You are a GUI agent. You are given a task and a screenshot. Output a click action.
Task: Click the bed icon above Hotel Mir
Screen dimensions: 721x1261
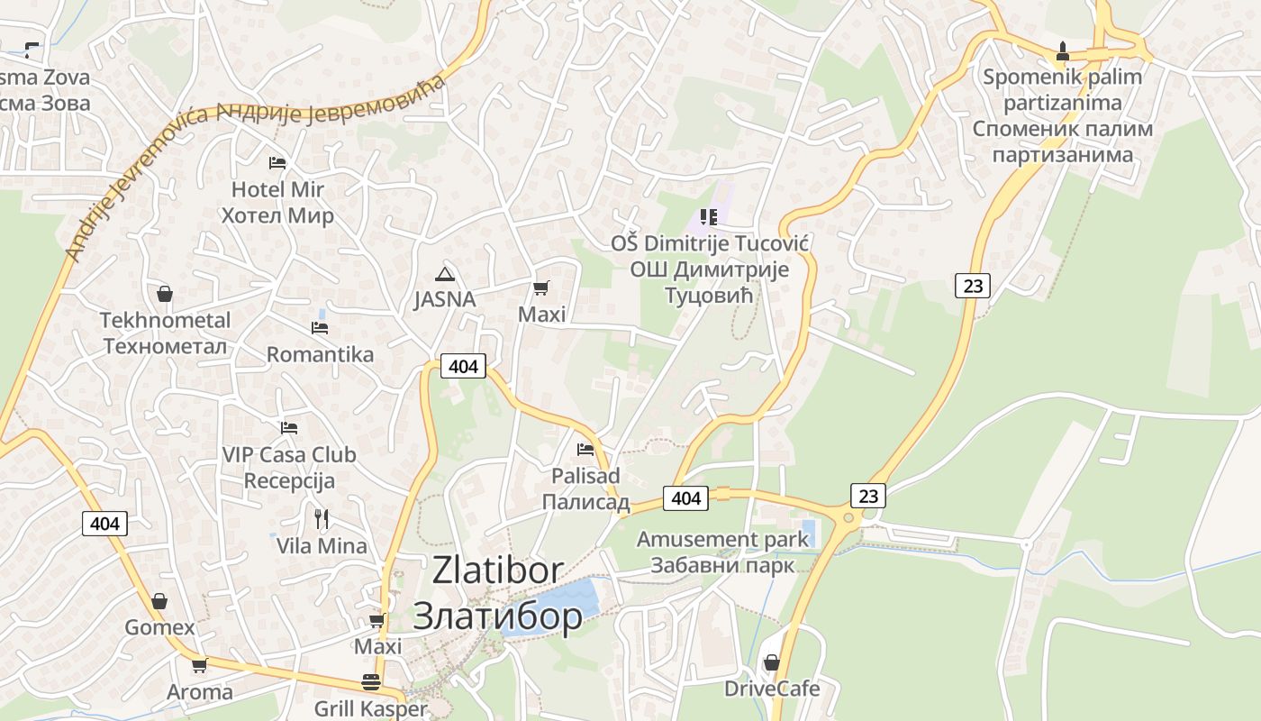pyautogui.click(x=277, y=163)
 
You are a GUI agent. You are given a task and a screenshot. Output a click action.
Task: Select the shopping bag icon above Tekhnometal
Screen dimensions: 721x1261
pyautogui.click(x=165, y=294)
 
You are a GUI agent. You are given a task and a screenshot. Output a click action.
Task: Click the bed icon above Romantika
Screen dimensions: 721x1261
pyautogui.click(x=320, y=328)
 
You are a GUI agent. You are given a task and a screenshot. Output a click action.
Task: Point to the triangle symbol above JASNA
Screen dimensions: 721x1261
pyautogui.click(x=443, y=274)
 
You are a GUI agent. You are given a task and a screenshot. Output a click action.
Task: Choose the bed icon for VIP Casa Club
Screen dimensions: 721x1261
pyautogui.click(x=289, y=428)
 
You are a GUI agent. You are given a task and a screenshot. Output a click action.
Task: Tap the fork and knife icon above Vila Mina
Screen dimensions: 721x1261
pyautogui.click(x=322, y=518)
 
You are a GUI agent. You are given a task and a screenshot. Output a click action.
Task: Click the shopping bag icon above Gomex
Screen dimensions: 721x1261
pyautogui.click(x=159, y=601)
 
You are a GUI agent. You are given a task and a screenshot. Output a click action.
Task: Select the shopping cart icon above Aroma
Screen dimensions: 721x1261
pyautogui.click(x=199, y=666)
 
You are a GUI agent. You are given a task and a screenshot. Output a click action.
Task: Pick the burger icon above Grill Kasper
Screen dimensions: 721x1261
pyautogui.click(x=370, y=682)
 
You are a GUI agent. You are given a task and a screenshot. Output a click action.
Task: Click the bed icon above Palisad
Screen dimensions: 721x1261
pyautogui.click(x=585, y=449)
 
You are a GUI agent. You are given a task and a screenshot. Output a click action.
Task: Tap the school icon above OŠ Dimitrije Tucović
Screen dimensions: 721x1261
pyautogui.click(x=709, y=217)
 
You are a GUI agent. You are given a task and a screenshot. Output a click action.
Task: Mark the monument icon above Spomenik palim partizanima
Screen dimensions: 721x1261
pyautogui.click(x=1063, y=50)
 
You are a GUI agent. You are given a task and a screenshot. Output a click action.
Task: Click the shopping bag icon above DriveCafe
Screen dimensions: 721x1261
pyautogui.click(x=772, y=662)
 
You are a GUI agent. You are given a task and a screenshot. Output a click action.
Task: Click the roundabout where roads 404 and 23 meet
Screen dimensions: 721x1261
pyautogui.click(x=848, y=518)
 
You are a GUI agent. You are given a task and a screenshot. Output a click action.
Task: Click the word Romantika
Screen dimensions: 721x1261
pyautogui.click(x=320, y=354)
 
